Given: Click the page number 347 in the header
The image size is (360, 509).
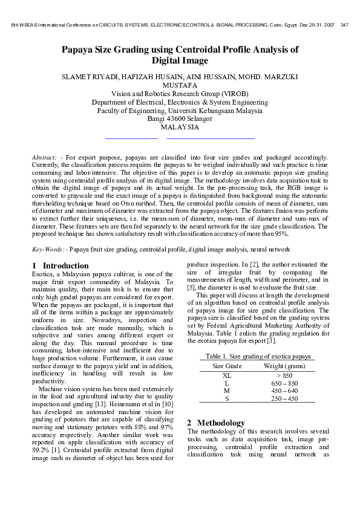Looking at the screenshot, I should point(344,25).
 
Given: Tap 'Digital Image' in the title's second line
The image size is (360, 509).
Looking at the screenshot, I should point(180,61).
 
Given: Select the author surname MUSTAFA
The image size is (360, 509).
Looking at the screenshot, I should point(180,86).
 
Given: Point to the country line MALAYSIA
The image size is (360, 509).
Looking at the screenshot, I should point(180,128).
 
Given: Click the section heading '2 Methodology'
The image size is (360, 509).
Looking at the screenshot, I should point(216,423).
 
